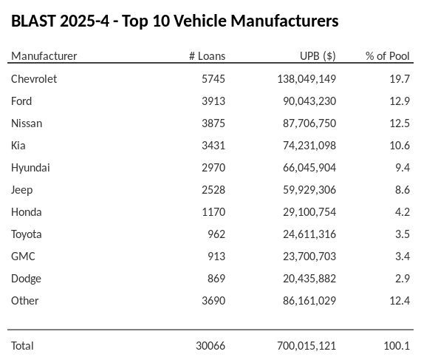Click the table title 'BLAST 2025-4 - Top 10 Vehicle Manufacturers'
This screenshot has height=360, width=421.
click(175, 21)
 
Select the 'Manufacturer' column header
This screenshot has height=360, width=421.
click(44, 56)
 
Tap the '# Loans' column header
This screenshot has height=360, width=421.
click(207, 56)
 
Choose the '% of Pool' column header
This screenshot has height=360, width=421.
click(387, 56)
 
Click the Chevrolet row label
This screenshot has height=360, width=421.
click(34, 79)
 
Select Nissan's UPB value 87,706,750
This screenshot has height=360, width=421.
click(309, 123)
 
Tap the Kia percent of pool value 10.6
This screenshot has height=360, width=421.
click(399, 146)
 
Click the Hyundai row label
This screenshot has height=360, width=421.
click(30, 168)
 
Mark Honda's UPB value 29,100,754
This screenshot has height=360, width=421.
click(309, 212)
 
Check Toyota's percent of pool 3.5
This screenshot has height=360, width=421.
click(402, 234)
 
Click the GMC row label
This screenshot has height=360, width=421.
click(23, 257)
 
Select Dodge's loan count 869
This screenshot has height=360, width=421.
click(216, 279)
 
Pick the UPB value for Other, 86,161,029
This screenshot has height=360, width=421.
click(309, 301)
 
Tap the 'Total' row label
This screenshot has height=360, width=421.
click(22, 346)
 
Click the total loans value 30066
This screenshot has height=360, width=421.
click(210, 346)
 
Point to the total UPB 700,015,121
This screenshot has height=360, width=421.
click(307, 346)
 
